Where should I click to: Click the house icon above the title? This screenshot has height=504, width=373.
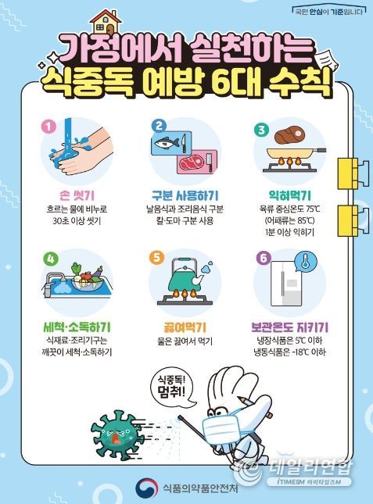point(106,23)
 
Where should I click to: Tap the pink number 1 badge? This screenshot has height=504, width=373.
point(48,127)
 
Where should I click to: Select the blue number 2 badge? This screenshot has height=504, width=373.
point(159,126)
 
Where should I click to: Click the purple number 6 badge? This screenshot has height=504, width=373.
point(264,258)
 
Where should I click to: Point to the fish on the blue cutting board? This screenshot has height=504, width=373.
point(166,143)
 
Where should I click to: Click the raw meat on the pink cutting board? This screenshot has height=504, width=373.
point(191,163)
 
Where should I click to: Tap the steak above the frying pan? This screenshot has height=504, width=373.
point(289,135)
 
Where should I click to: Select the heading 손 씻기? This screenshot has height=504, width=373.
point(77,195)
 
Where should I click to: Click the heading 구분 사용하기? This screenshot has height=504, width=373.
point(185,195)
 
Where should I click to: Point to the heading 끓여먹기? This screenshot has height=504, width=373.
point(185,327)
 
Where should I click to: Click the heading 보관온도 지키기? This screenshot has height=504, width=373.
point(289,327)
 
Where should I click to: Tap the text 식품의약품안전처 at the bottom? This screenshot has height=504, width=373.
point(200,488)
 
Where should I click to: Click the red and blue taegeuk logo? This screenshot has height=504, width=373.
point(147,488)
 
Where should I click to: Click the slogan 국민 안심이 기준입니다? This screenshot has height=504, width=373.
point(328,12)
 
